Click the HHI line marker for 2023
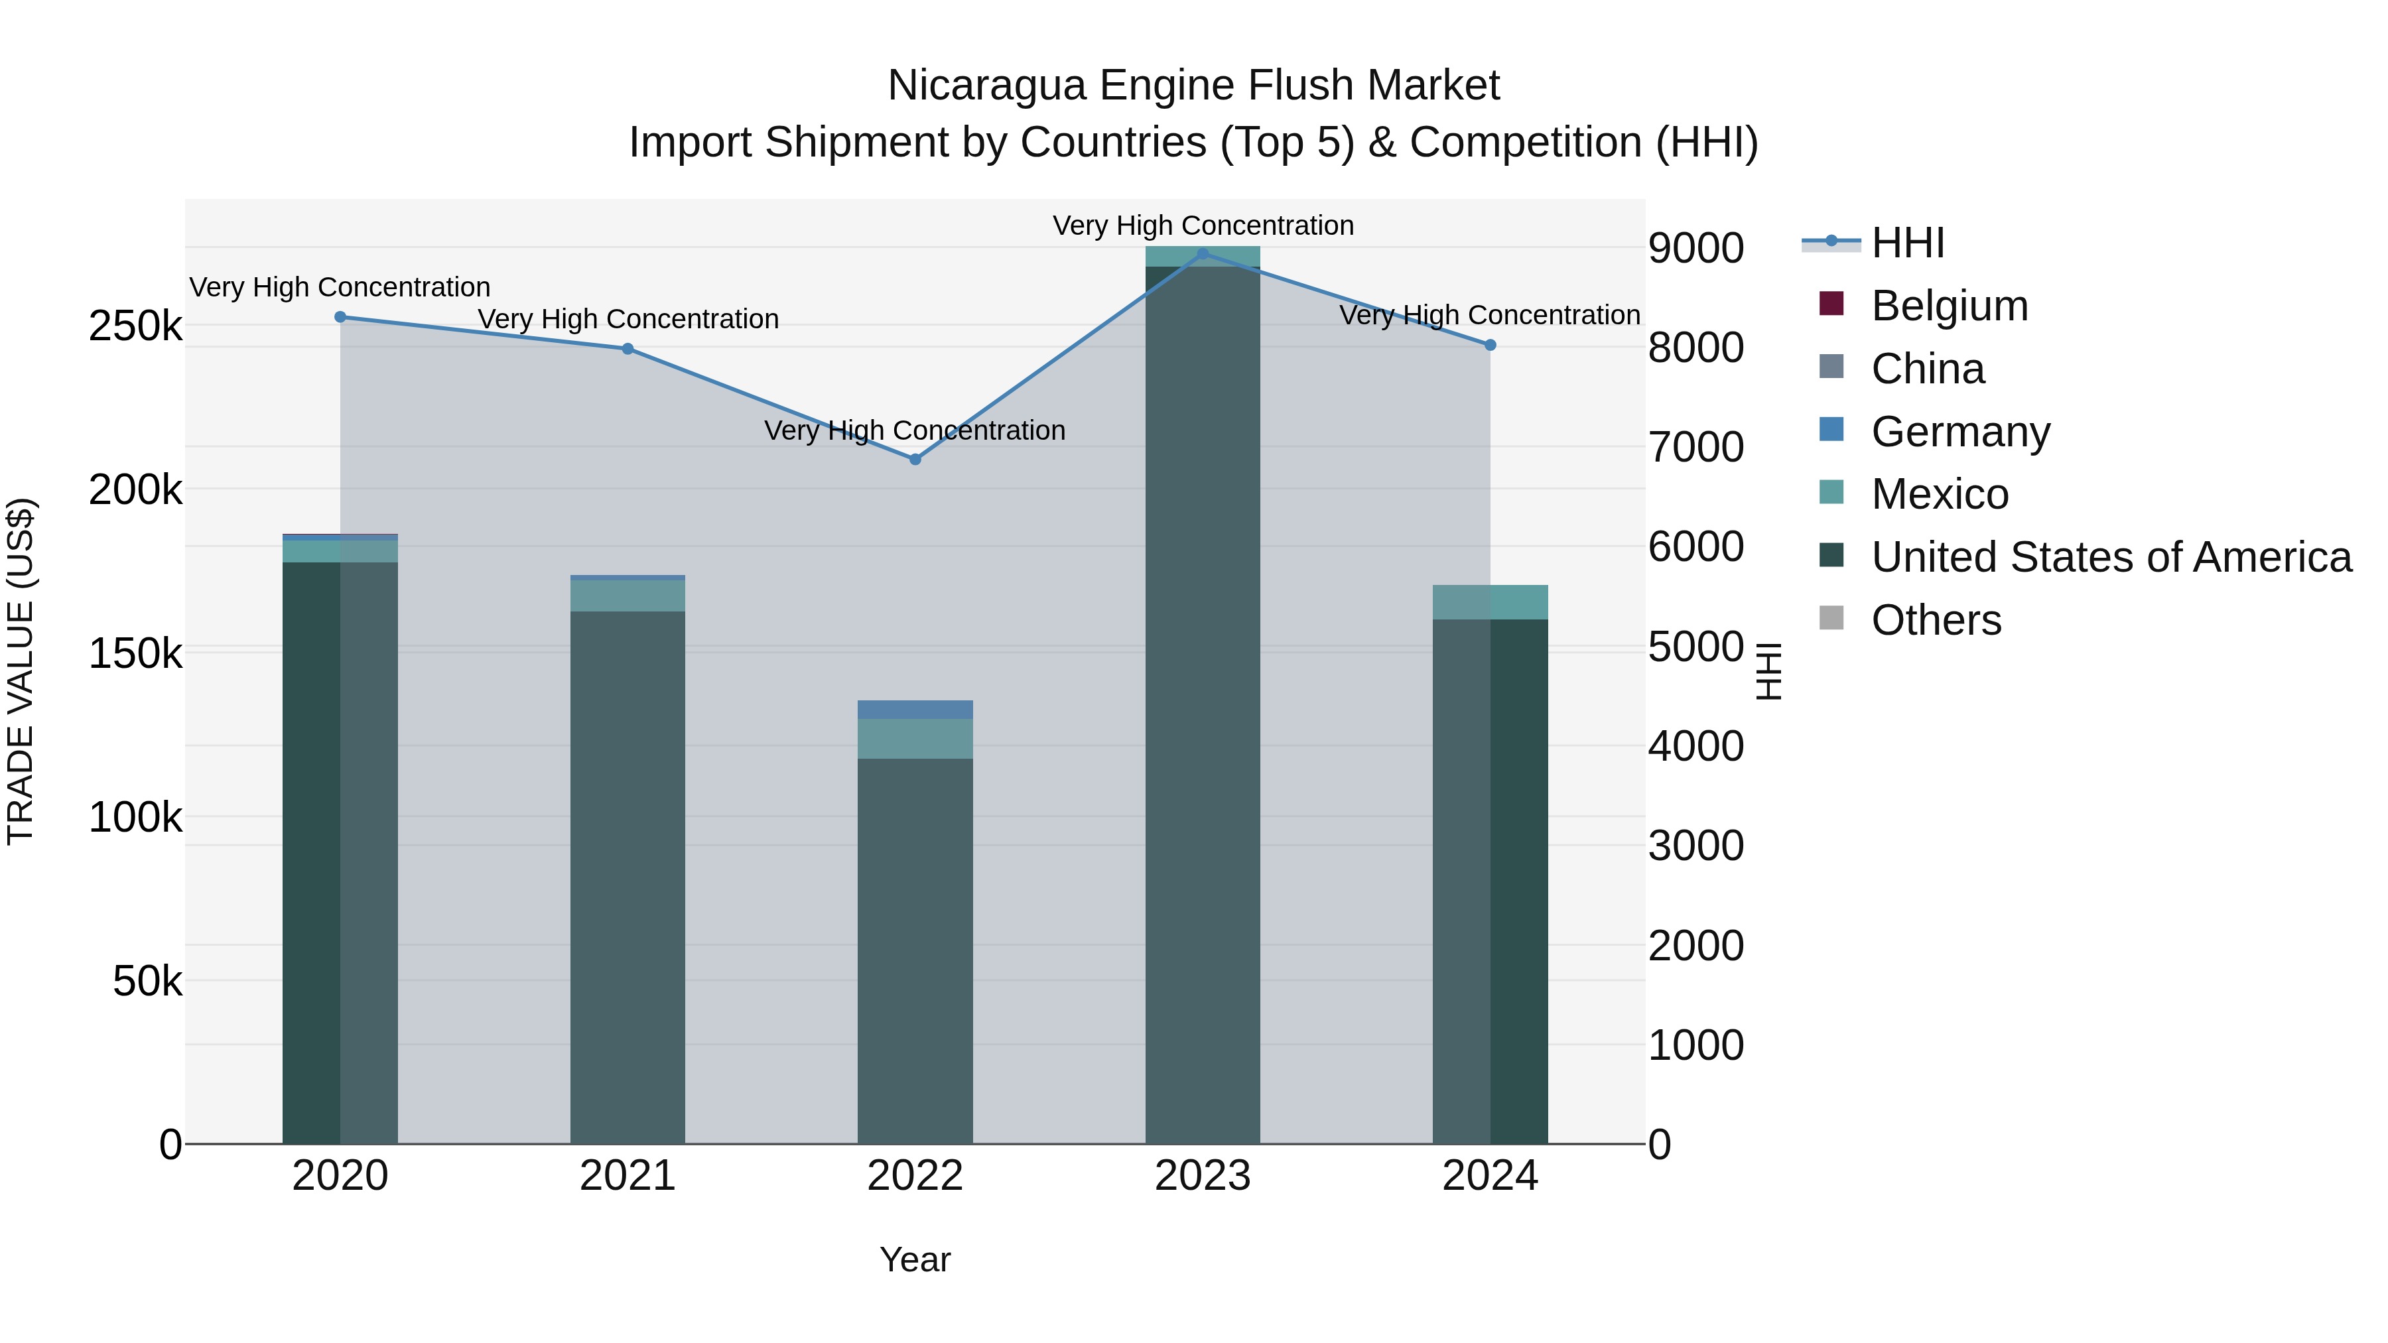tap(1203, 254)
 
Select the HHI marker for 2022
tap(915, 459)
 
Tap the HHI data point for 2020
tap(340, 317)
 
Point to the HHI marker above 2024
tap(1490, 345)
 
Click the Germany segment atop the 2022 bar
tap(915, 710)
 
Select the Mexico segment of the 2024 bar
tap(1490, 602)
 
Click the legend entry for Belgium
tap(1949, 306)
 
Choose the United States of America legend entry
tap(2111, 557)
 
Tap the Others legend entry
tap(1936, 620)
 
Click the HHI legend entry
tap(1907, 243)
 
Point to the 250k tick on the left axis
tap(135, 326)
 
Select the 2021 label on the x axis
tap(628, 1176)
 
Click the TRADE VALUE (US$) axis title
tap(21, 672)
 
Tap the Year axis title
tap(915, 1259)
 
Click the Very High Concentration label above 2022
tap(915, 430)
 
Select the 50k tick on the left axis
tap(147, 981)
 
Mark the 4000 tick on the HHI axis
tap(1695, 746)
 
